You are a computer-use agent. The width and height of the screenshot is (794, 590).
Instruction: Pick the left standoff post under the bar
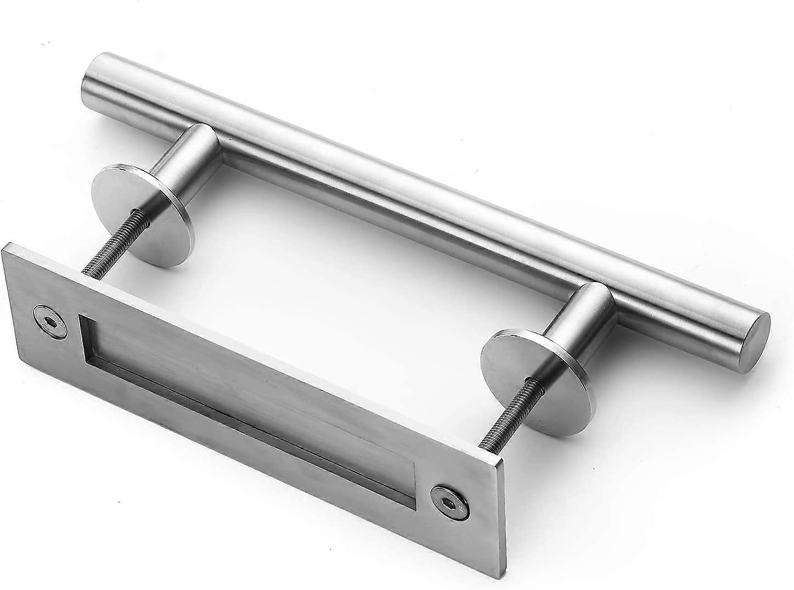tap(189, 159)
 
